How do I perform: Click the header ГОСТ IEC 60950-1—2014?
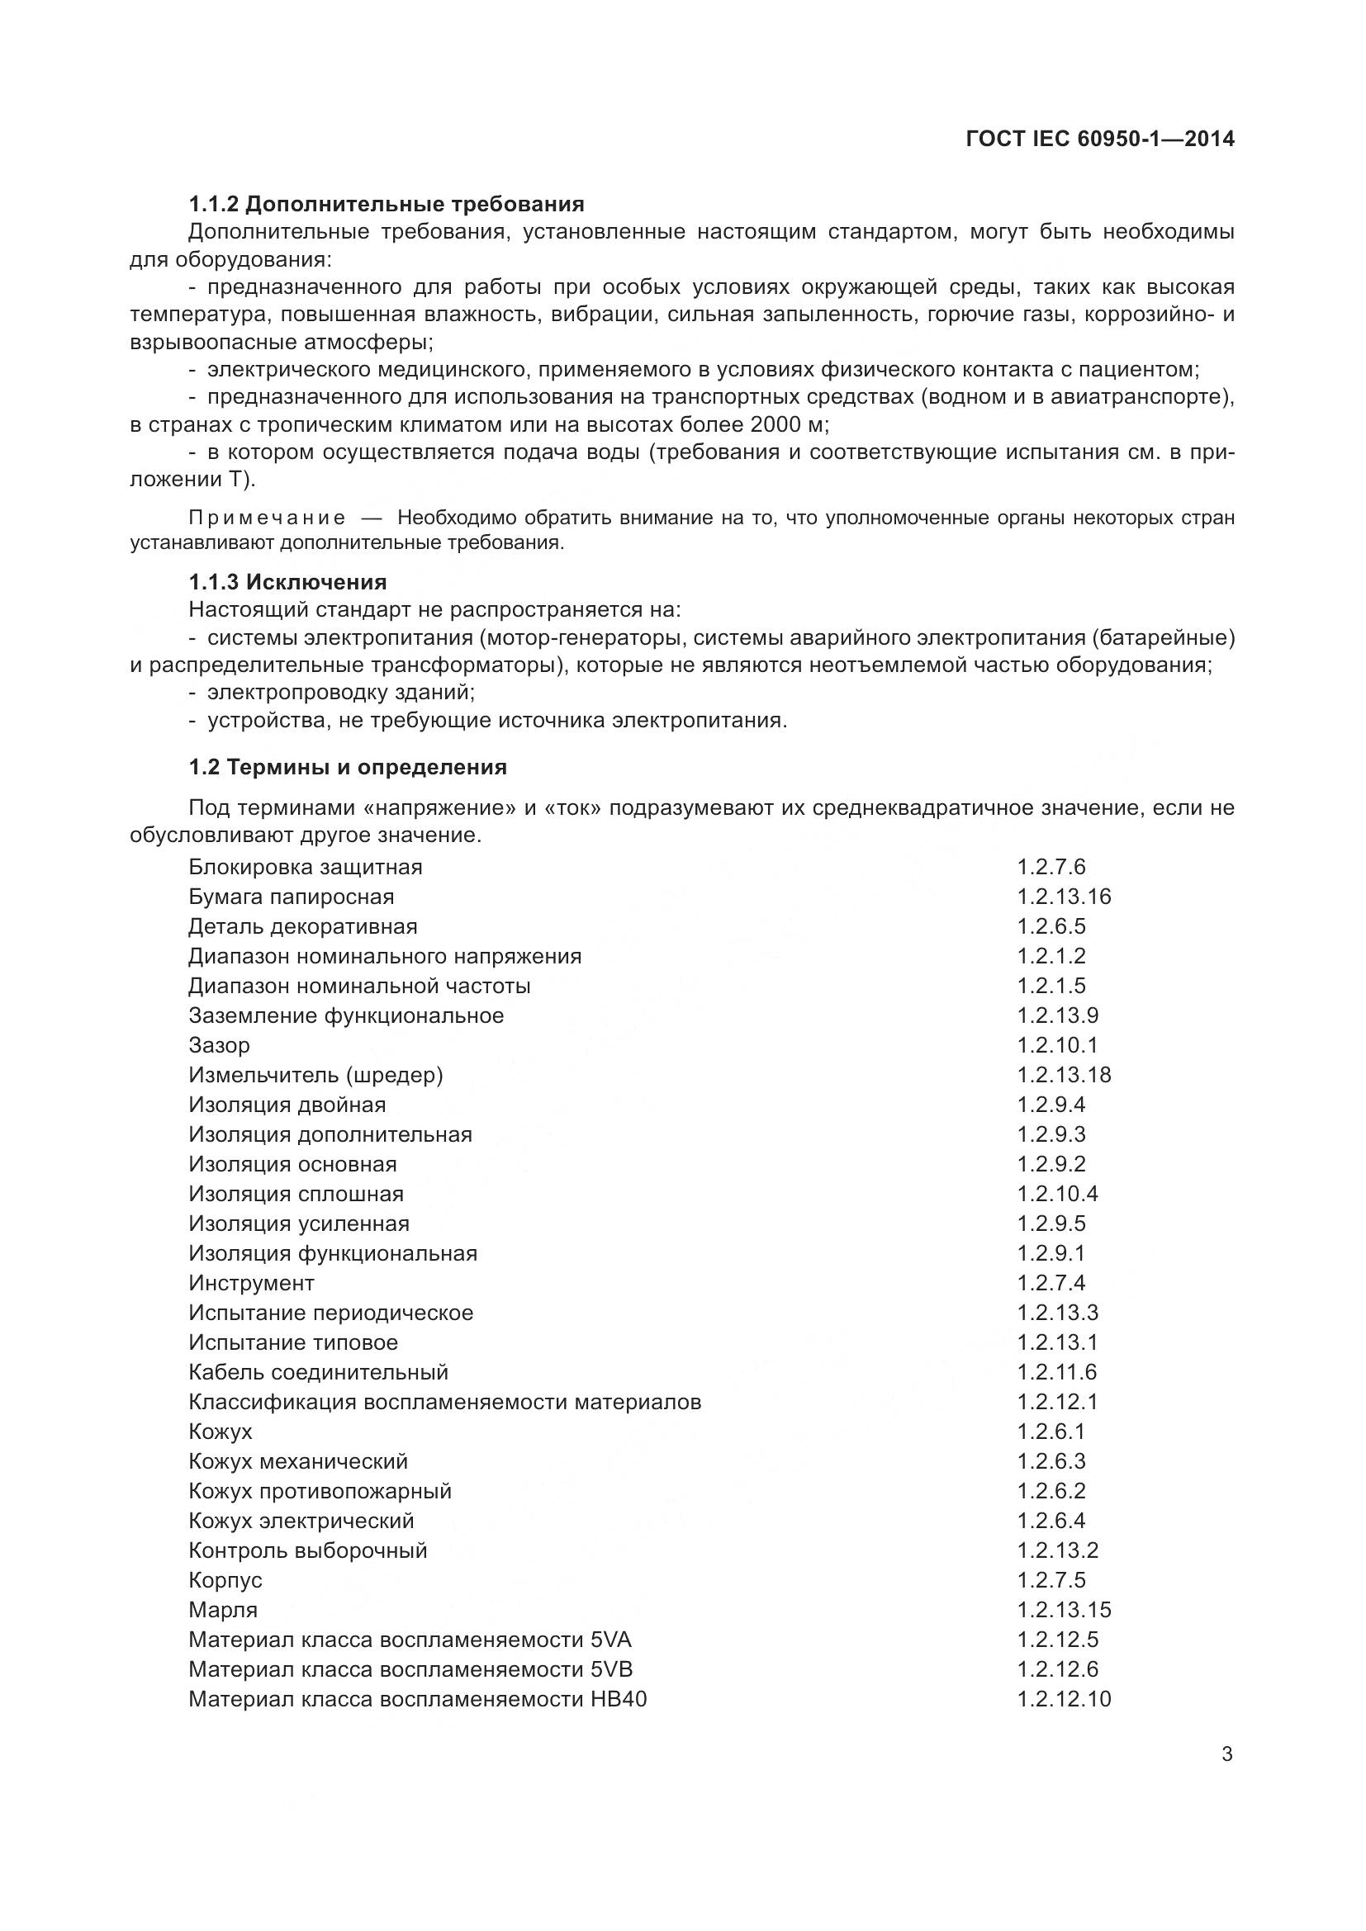pyautogui.click(x=1100, y=140)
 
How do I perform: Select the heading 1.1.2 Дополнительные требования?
pyautogui.click(x=386, y=205)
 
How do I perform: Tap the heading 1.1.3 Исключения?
pyautogui.click(x=287, y=582)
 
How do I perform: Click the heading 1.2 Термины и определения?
pyautogui.click(x=348, y=767)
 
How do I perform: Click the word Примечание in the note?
pyautogui.click(x=267, y=518)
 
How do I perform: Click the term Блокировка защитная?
pyautogui.click(x=306, y=867)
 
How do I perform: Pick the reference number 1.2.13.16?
pyautogui.click(x=1064, y=897)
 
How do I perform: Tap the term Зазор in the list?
pyautogui.click(x=219, y=1045)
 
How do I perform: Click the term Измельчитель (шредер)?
pyautogui.click(x=315, y=1075)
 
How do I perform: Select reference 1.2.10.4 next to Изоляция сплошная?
pyautogui.click(x=1057, y=1194)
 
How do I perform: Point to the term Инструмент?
pyautogui.click(x=252, y=1284)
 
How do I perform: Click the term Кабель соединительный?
pyautogui.click(x=318, y=1373)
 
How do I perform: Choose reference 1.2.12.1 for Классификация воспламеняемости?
pyautogui.click(x=1057, y=1402)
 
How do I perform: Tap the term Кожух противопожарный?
pyautogui.click(x=320, y=1491)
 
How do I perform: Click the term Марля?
pyautogui.click(x=223, y=1610)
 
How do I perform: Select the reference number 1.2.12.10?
pyautogui.click(x=1064, y=1699)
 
